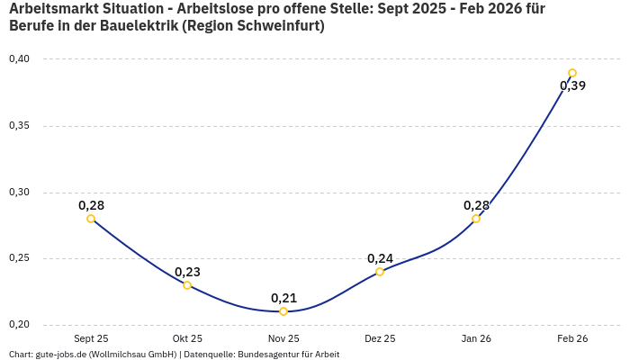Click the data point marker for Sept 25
click(x=91, y=219)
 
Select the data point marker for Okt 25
click(x=187, y=285)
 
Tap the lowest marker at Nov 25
click(x=283, y=311)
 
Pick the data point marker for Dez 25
click(x=380, y=272)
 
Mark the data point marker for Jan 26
click(x=476, y=219)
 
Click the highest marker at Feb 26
click(x=572, y=74)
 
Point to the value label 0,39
click(x=572, y=86)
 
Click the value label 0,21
click(x=283, y=298)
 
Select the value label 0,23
click(x=187, y=272)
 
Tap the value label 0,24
click(x=380, y=258)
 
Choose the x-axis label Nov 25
click(x=283, y=338)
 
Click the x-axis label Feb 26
click(x=572, y=338)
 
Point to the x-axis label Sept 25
click(x=91, y=338)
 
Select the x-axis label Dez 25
click(x=380, y=338)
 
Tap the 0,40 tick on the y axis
click(x=19, y=59)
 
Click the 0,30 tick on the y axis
click(x=19, y=193)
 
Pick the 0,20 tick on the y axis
click(x=19, y=325)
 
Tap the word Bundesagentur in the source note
click(x=264, y=355)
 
